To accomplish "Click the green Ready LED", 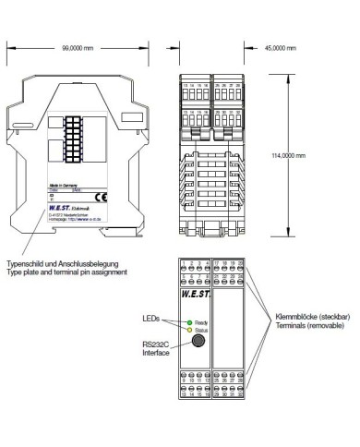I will coord(188,322).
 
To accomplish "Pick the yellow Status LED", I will coord(188,330).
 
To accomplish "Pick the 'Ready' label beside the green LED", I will coord(202,322).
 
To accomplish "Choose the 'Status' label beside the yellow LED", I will coord(202,330).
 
